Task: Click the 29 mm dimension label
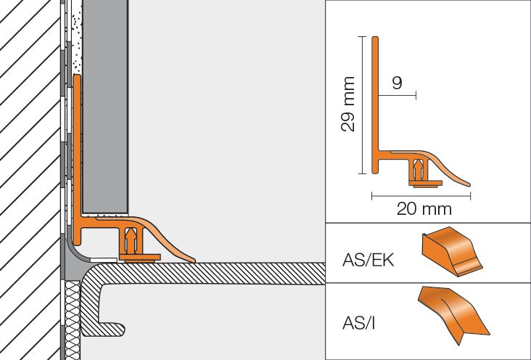(x=347, y=104)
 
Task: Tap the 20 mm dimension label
(x=424, y=209)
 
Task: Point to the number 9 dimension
(x=398, y=83)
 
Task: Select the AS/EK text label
(x=368, y=261)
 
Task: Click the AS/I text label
(x=358, y=323)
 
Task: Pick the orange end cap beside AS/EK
(x=452, y=251)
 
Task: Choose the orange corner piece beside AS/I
(x=453, y=314)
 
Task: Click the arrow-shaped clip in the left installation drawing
(x=131, y=241)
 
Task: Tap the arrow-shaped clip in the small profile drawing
(x=419, y=170)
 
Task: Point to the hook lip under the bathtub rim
(x=113, y=329)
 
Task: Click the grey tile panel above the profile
(x=105, y=107)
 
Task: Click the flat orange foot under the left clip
(x=139, y=258)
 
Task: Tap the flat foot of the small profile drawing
(x=426, y=183)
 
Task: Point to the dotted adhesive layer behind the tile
(x=78, y=37)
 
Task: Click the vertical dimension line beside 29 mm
(x=363, y=105)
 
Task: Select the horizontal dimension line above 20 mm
(x=421, y=195)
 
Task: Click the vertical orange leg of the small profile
(x=375, y=105)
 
